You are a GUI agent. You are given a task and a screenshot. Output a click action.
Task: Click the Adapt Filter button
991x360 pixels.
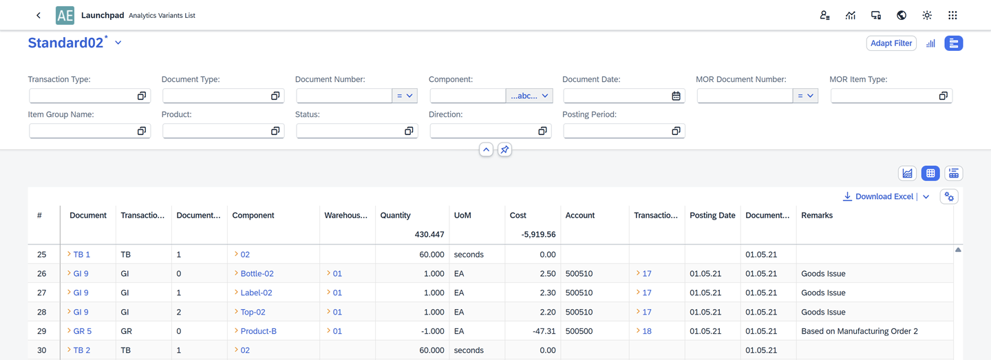point(891,43)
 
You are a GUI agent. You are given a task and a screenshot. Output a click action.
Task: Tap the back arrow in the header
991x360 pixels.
point(39,15)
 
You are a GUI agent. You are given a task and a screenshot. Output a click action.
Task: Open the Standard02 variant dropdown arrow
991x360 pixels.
point(118,43)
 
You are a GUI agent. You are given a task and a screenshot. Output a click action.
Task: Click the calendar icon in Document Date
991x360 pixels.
point(676,96)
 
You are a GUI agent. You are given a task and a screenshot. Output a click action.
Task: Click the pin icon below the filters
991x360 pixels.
point(504,149)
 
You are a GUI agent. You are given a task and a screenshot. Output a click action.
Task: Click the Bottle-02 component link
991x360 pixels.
point(257,273)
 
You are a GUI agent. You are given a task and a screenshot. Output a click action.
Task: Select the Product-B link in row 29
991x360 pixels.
point(258,331)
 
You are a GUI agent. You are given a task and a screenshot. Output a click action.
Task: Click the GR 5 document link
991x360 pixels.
point(82,331)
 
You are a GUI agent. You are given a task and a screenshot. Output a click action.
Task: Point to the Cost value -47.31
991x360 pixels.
point(543,331)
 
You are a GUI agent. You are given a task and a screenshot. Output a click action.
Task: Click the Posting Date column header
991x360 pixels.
point(712,215)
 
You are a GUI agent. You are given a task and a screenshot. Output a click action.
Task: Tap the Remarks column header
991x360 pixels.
point(816,215)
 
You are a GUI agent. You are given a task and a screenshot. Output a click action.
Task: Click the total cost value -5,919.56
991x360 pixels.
point(538,235)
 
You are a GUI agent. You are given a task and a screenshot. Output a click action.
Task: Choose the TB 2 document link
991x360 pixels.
point(81,350)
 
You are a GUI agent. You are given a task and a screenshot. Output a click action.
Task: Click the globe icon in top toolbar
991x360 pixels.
point(901,15)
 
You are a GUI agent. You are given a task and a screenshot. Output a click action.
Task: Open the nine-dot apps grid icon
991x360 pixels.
point(952,15)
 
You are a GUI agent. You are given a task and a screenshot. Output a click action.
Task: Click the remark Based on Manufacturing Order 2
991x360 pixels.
point(859,331)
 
